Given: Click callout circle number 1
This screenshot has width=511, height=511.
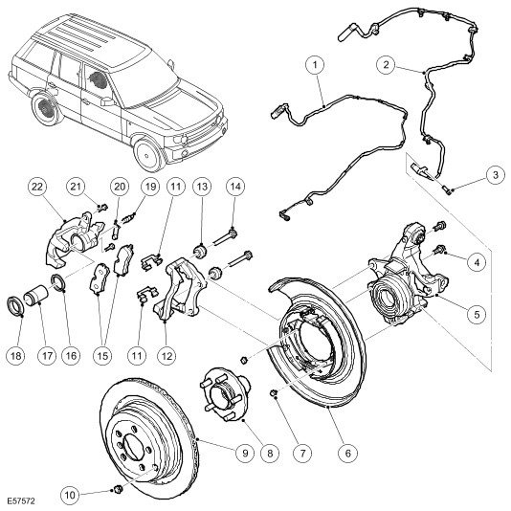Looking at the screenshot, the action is pyautogui.click(x=315, y=65).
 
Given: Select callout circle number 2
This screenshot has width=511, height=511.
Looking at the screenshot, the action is pyautogui.click(x=387, y=64).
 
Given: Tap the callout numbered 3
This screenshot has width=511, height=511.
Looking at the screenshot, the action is pyautogui.click(x=496, y=175).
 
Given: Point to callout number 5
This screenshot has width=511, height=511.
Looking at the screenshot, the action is pyautogui.click(x=477, y=315).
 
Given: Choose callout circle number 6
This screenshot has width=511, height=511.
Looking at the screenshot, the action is pyautogui.click(x=348, y=453).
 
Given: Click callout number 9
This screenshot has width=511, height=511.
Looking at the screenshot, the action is pyautogui.click(x=245, y=453).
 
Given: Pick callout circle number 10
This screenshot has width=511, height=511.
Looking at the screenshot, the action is pyautogui.click(x=71, y=496).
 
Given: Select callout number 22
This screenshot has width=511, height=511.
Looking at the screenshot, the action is pyautogui.click(x=37, y=187).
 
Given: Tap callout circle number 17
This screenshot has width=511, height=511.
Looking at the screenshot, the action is pyautogui.click(x=47, y=356).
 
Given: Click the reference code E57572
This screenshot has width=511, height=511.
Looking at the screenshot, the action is pyautogui.click(x=21, y=500).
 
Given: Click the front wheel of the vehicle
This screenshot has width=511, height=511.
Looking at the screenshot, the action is pyautogui.click(x=150, y=155).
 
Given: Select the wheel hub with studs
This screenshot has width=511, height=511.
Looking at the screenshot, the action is pyautogui.click(x=224, y=395).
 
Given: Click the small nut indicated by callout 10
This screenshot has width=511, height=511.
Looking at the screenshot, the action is pyautogui.click(x=118, y=489).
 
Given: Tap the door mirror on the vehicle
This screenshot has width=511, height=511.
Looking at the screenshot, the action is pyautogui.click(x=108, y=101).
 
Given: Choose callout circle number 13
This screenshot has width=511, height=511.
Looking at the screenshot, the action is pyautogui.click(x=202, y=187).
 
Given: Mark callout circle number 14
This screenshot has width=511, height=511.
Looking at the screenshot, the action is pyautogui.click(x=235, y=187).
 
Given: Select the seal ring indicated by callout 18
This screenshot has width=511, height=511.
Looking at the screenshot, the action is pyautogui.click(x=14, y=304).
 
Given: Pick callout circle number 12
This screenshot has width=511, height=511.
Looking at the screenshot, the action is pyautogui.click(x=167, y=356).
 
